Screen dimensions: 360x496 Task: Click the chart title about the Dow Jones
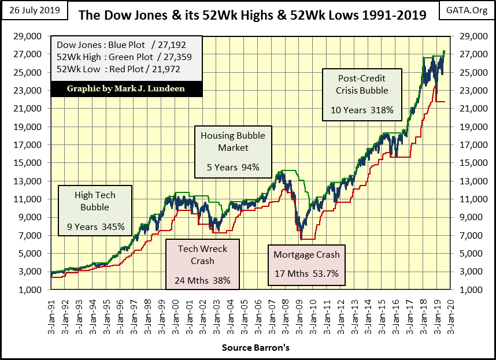click(x=252, y=14)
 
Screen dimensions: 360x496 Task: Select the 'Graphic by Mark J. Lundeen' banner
click(x=126, y=90)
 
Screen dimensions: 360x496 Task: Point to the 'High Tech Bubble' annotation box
click(x=95, y=211)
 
